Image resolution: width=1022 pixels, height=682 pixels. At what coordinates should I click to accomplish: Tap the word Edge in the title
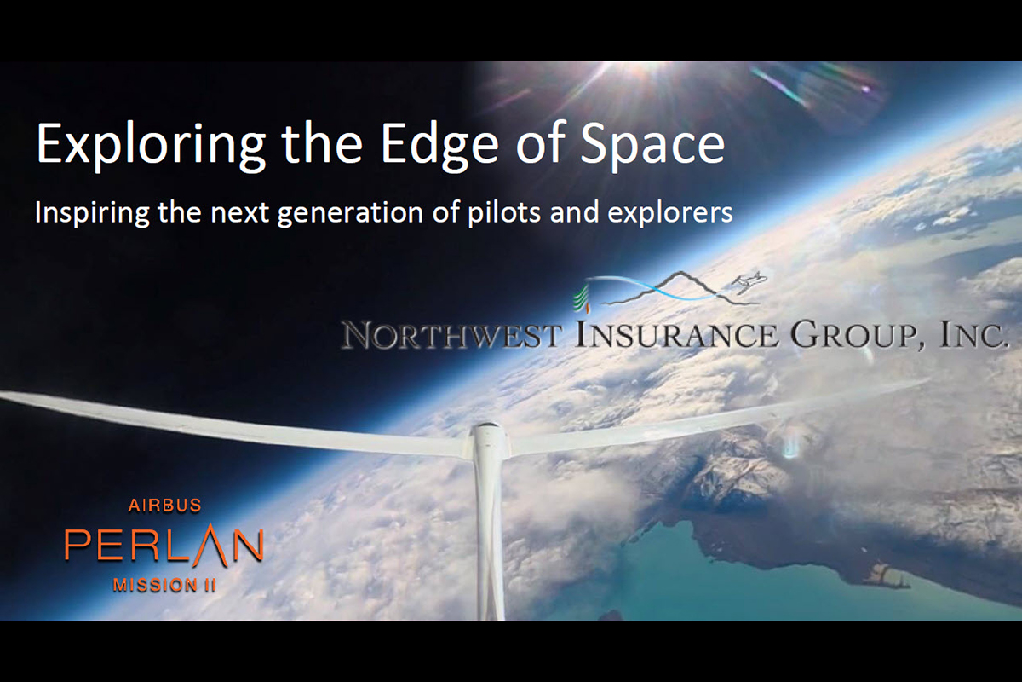pyautogui.click(x=439, y=144)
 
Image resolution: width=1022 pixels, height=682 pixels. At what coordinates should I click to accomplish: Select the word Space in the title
pyautogui.click(x=653, y=144)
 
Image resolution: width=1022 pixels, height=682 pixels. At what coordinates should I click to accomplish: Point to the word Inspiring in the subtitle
pyautogui.click(x=92, y=213)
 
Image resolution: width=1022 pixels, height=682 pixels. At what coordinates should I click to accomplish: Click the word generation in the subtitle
pyautogui.click(x=350, y=213)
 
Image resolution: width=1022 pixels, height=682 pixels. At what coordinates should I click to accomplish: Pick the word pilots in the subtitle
pyautogui.click(x=504, y=213)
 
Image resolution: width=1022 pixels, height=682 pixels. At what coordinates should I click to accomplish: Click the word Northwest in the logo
pyautogui.click(x=451, y=335)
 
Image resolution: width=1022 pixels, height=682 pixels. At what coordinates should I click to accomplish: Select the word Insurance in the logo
pyautogui.click(x=677, y=335)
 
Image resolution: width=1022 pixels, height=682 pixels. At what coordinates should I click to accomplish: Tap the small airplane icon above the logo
pyautogui.click(x=749, y=281)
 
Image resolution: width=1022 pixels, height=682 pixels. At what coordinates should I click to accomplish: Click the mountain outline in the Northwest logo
pyautogui.click(x=680, y=288)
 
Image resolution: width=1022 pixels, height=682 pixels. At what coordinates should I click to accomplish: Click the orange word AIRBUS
pyautogui.click(x=164, y=506)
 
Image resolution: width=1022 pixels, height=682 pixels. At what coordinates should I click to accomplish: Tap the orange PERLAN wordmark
pyautogui.click(x=164, y=546)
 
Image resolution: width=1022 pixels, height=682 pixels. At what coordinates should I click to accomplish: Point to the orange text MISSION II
pyautogui.click(x=164, y=585)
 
